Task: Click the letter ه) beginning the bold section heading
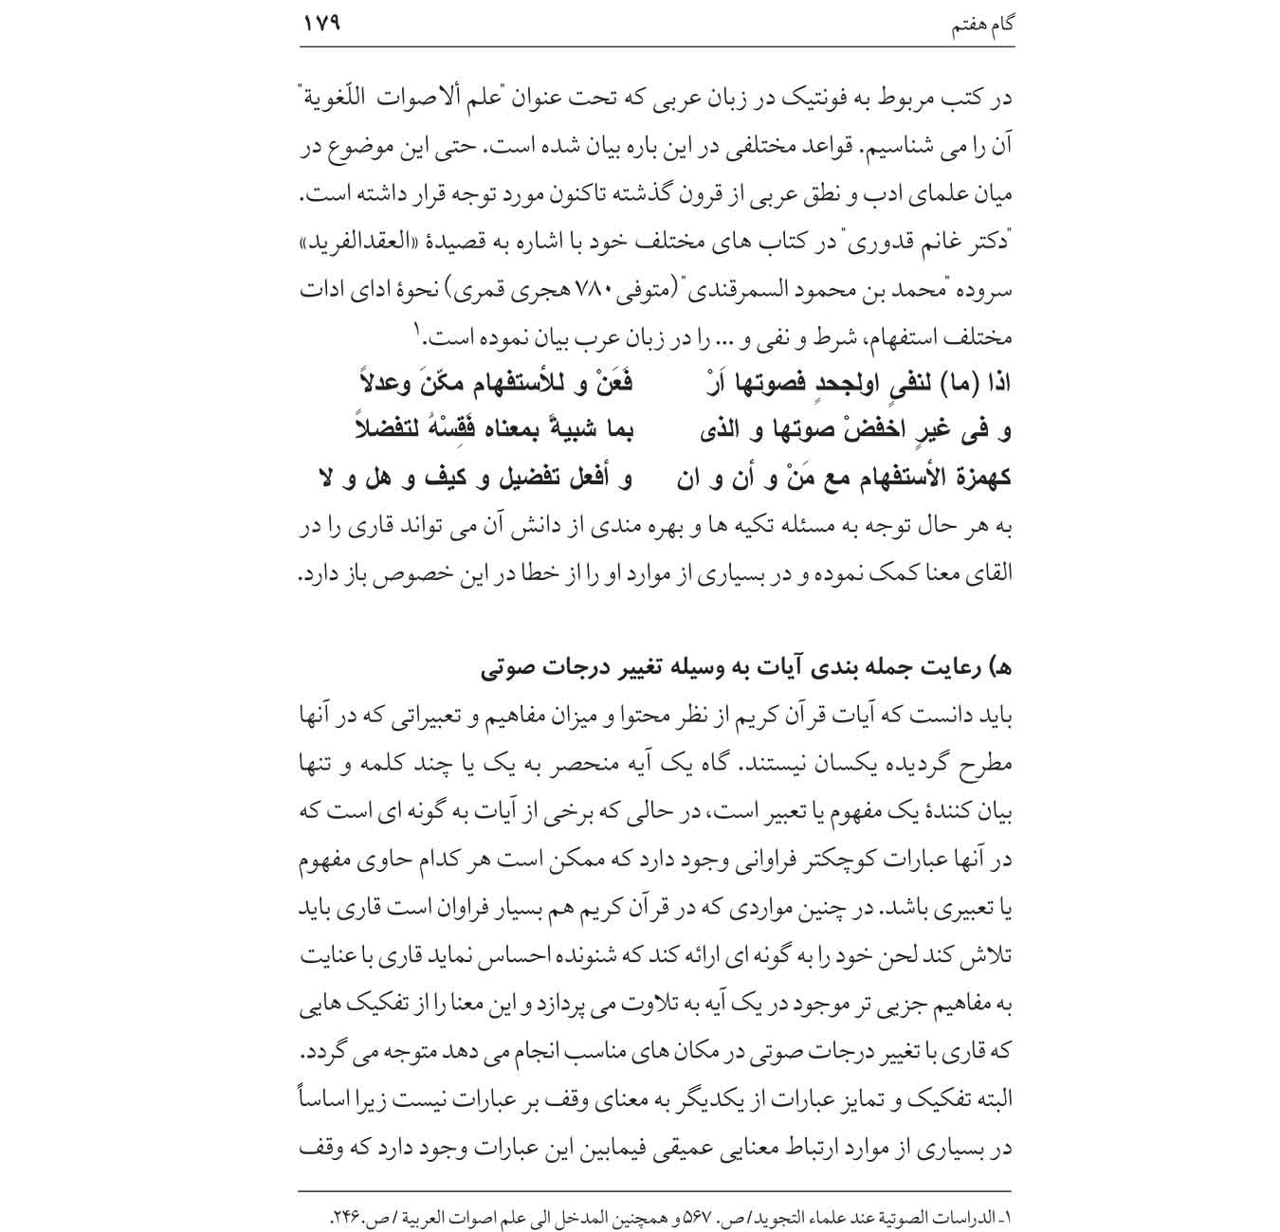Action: pyautogui.click(x=1000, y=668)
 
